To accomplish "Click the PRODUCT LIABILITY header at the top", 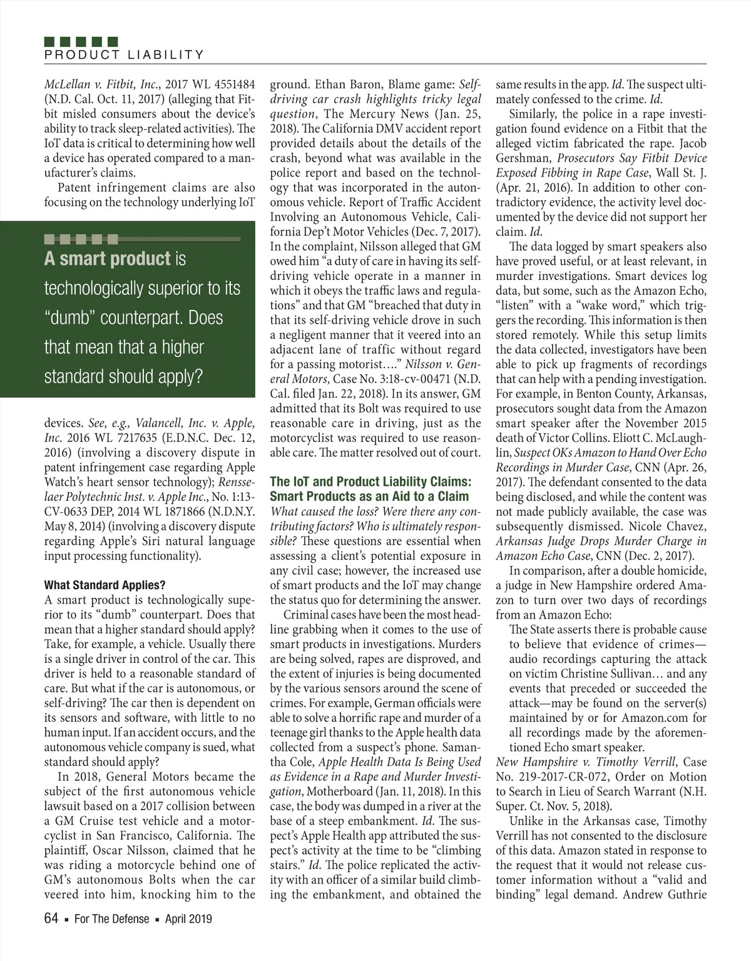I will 124,54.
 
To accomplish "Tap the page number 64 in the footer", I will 51,918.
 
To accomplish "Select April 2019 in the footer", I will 188,919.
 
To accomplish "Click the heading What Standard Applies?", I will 105,585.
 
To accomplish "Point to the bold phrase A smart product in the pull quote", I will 107,259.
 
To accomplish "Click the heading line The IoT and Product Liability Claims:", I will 370,481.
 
